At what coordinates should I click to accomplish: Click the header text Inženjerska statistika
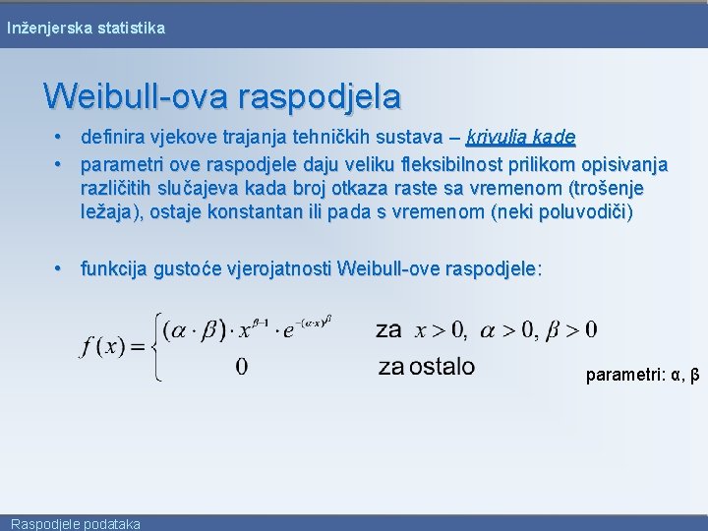coord(86,29)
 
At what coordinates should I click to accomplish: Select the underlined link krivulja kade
coord(521,137)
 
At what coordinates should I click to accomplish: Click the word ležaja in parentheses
coord(110,212)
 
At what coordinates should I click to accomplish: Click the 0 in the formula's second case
coord(242,367)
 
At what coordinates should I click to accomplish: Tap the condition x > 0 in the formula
coord(442,329)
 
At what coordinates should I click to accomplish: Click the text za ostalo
coord(426,367)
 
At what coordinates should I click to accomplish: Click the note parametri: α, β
coord(642,375)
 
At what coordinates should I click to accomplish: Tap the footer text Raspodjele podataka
coord(76,523)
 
